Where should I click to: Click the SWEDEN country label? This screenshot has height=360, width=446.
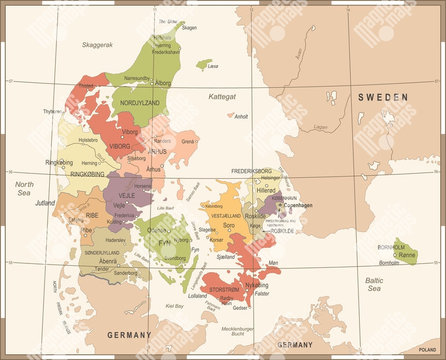(383, 97)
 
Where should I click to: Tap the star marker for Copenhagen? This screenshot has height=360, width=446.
(280, 204)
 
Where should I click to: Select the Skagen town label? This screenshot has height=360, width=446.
(189, 28)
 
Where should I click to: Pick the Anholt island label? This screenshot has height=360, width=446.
(241, 116)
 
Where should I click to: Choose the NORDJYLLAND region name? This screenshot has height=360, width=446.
(140, 103)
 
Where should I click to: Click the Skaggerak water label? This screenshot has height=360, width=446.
(97, 45)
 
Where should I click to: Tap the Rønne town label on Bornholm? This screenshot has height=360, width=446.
(408, 255)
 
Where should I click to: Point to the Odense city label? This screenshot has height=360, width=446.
(156, 230)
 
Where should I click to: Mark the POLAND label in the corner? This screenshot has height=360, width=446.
(429, 350)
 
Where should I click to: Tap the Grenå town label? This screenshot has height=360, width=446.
(188, 141)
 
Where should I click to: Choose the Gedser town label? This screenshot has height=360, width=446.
(240, 308)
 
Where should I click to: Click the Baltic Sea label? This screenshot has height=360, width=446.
(374, 284)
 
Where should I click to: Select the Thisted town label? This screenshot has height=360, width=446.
(86, 86)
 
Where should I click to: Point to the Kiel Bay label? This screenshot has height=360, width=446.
(174, 306)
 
